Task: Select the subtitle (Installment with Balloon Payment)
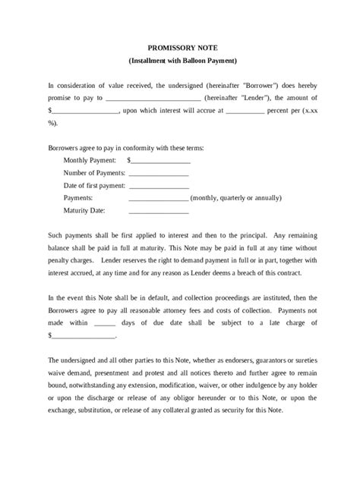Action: [180, 60]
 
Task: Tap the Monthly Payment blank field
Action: [161, 161]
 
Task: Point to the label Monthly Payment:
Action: [90, 161]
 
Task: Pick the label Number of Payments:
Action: [95, 173]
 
